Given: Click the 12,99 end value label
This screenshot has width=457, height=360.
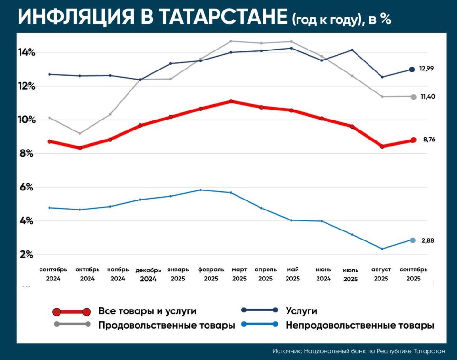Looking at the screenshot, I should pos(427,69).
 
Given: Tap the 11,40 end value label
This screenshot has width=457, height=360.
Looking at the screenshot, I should pos(427,97).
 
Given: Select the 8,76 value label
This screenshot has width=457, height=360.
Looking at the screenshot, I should pos(429,140).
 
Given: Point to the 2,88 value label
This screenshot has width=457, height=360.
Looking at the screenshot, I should pos(427,240).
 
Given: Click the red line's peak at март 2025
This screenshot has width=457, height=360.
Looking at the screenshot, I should pos(231,101).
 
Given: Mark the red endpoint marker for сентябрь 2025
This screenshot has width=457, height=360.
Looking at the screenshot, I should pos(413,140).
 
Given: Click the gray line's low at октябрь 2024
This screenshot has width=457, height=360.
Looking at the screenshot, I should pos(80,133).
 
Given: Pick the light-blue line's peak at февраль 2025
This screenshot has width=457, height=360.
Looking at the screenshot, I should pos(201,190).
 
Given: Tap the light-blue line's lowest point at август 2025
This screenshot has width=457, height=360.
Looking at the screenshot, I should pos(382,249).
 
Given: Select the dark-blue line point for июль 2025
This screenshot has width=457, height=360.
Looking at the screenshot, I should pos(352,50).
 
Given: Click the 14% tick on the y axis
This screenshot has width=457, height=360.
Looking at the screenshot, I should pos(27,52).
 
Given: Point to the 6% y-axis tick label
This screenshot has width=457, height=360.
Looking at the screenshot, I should pos(27,187).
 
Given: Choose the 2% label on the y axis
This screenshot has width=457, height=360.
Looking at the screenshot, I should pos(27,255).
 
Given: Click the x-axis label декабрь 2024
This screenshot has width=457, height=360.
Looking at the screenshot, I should pos(149,275).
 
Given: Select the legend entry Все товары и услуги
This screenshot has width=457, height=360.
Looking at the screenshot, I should pos(147,311).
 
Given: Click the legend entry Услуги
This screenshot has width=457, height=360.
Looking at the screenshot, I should pos(301,311).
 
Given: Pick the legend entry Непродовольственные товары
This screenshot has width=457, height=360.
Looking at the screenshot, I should pos(359,326).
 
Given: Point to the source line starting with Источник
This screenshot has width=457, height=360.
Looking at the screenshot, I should pos(359,351).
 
